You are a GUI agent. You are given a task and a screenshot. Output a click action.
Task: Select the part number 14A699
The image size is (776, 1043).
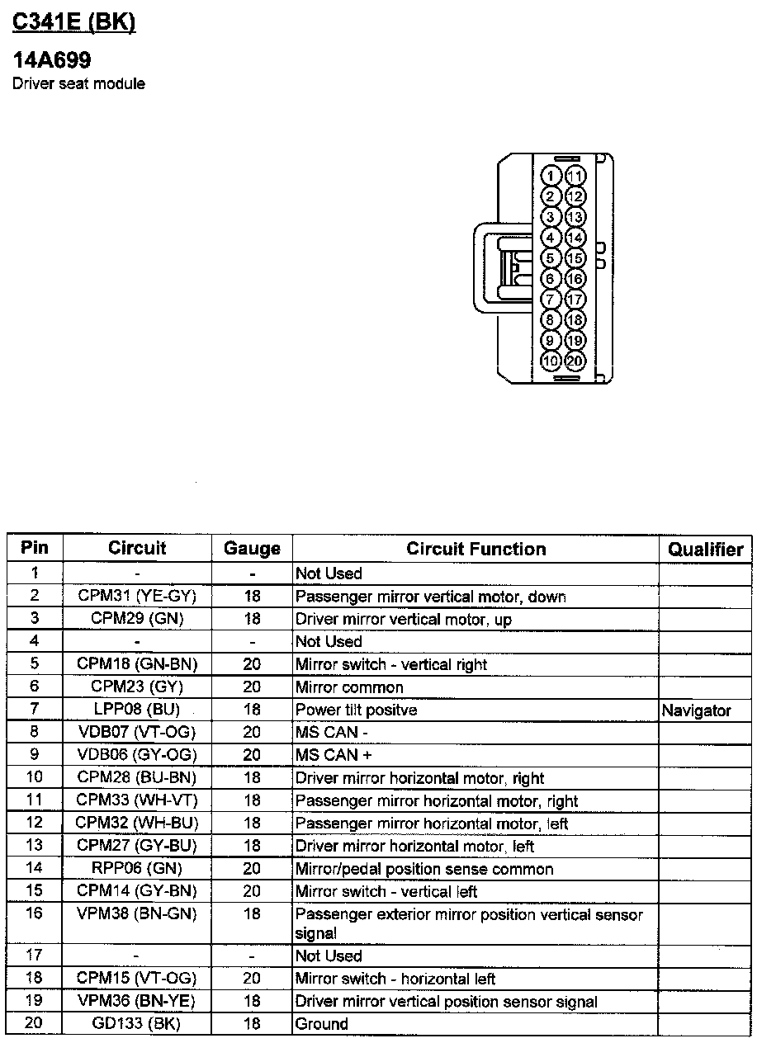point(51,60)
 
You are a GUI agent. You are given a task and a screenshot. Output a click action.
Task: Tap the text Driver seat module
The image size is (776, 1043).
point(78,84)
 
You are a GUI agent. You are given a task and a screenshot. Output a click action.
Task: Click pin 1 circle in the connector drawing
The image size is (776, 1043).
point(551,176)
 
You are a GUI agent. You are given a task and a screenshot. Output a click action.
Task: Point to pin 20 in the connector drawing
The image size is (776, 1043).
point(575,361)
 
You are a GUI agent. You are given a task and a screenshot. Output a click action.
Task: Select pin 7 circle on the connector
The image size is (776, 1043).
point(551,299)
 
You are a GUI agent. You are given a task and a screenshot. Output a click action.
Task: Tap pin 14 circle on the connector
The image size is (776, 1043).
point(575,238)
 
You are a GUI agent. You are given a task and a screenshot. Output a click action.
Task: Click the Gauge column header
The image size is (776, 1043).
point(252,549)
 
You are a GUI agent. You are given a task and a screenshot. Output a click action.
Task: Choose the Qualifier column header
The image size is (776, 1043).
point(705,550)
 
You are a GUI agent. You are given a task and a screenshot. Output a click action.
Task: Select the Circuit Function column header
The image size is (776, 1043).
point(476,549)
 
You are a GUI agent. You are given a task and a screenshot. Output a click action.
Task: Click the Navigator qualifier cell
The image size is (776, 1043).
point(696,710)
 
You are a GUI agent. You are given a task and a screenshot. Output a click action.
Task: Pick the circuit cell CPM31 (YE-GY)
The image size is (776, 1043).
point(137,596)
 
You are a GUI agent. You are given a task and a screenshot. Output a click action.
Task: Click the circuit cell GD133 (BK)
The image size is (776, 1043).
point(137,1024)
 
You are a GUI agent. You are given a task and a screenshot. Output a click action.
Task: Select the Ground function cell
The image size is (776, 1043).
point(322,1024)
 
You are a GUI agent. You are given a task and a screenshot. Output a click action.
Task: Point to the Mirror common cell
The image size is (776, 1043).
point(349,687)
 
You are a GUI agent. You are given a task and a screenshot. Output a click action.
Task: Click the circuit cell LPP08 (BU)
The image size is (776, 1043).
point(137,710)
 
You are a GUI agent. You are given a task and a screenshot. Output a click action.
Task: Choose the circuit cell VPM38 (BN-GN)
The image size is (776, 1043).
point(137,913)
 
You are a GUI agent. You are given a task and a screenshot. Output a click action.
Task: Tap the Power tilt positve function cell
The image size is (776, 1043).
point(356,710)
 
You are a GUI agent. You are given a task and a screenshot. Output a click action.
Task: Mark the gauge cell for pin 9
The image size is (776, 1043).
point(252,755)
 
